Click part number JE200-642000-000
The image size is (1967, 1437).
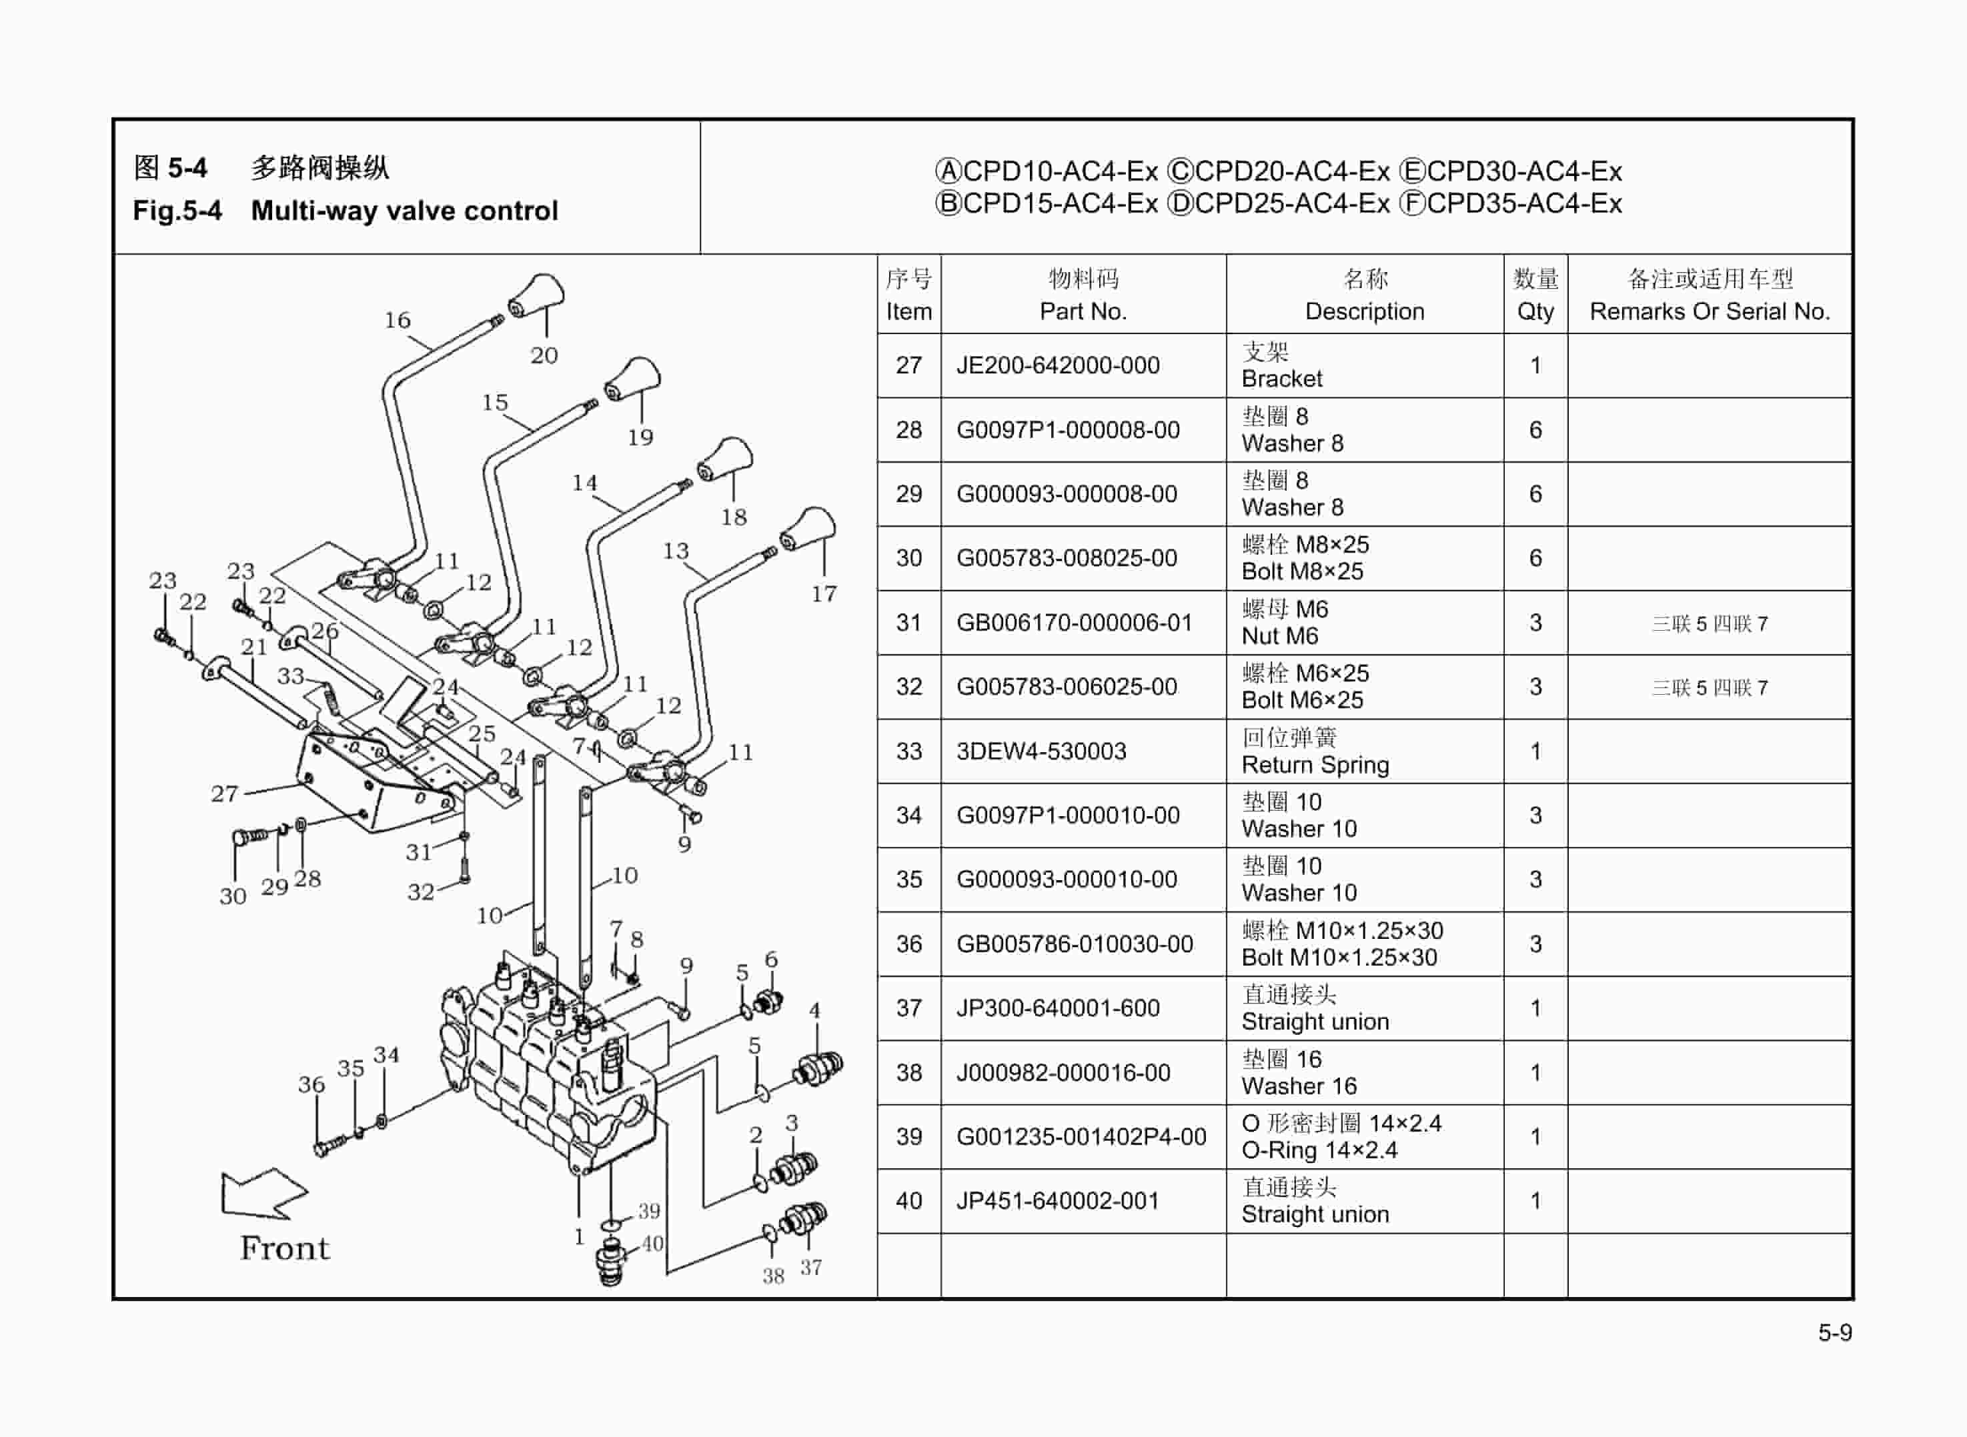(x=1057, y=365)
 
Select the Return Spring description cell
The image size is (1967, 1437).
(x=1315, y=752)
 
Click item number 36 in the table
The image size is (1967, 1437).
(x=908, y=944)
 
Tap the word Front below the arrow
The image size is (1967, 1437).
(x=285, y=1249)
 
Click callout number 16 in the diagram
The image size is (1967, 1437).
(x=398, y=320)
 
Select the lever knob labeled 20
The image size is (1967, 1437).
(x=537, y=297)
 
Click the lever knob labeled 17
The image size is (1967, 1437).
(x=808, y=529)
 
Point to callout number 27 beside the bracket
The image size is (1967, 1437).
(x=225, y=794)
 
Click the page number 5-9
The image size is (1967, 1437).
(x=1834, y=1332)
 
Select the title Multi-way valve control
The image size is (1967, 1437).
(x=404, y=211)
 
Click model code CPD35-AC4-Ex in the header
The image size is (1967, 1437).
(x=1523, y=203)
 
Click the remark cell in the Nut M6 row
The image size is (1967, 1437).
(x=1709, y=623)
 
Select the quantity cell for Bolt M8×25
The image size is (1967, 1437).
(x=1535, y=558)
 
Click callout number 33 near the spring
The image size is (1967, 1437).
(x=291, y=676)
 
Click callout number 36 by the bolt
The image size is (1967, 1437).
(x=311, y=1085)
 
